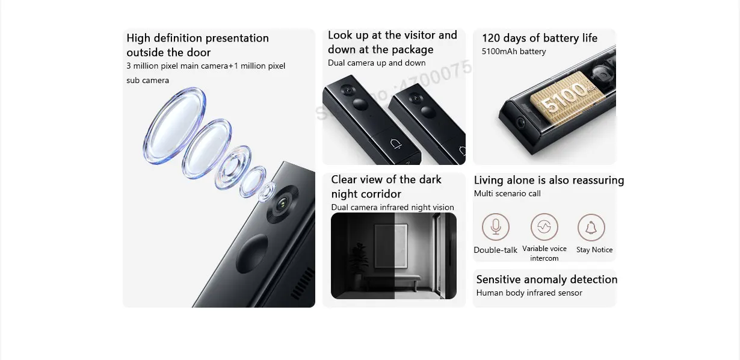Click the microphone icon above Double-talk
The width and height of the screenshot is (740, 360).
click(x=495, y=227)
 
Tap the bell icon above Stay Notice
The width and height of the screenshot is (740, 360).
click(x=591, y=228)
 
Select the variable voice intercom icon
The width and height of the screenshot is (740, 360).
click(x=544, y=227)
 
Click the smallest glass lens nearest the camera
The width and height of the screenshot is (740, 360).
click(x=266, y=192)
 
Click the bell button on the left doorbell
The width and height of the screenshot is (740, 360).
click(x=395, y=143)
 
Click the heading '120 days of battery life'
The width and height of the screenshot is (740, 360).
click(x=539, y=38)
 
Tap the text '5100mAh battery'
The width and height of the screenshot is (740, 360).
click(x=513, y=52)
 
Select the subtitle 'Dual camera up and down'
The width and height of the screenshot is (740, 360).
click(x=377, y=63)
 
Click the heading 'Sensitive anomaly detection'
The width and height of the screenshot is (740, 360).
click(x=546, y=279)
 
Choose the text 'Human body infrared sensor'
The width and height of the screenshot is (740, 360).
click(x=529, y=293)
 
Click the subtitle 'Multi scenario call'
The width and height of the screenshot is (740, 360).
click(x=507, y=194)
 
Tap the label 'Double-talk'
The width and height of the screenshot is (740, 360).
click(x=495, y=250)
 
